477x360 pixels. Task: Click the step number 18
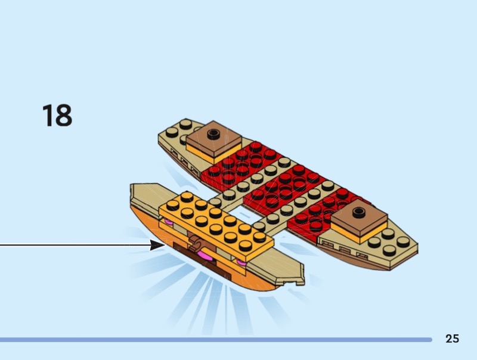coord(57,115)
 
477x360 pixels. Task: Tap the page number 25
coord(452,339)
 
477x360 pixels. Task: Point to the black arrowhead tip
coord(165,245)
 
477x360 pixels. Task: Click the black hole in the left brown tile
coord(213,132)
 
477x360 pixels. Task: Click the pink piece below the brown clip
coord(205,256)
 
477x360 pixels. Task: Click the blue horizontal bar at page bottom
coord(216,340)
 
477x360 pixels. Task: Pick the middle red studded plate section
coord(283,187)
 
